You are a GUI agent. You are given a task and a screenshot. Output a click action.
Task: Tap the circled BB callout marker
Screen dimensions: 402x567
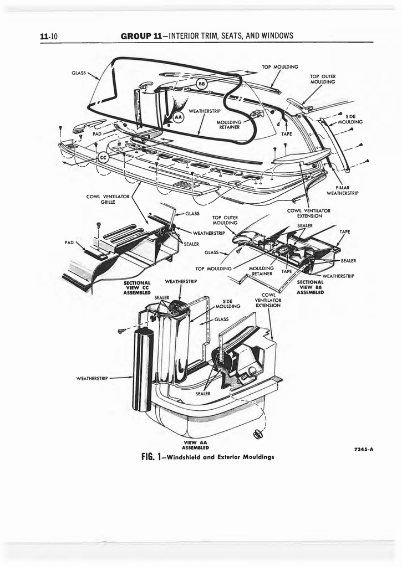click(x=201, y=84)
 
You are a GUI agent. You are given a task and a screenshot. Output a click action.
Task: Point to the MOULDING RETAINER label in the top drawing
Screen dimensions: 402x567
click(x=229, y=125)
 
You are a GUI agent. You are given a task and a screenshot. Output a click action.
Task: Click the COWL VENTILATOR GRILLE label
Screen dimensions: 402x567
click(x=108, y=199)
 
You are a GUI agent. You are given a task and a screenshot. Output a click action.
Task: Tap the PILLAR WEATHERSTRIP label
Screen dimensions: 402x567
click(x=342, y=190)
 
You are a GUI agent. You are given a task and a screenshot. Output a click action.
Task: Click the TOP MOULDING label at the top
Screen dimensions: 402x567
click(x=280, y=67)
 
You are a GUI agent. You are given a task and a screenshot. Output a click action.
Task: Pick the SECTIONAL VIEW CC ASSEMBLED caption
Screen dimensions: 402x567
click(x=137, y=288)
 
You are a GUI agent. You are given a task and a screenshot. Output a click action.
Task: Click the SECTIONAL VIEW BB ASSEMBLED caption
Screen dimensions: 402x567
click(x=310, y=287)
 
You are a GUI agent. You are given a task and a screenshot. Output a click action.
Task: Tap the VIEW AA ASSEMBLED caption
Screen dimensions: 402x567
click(x=195, y=445)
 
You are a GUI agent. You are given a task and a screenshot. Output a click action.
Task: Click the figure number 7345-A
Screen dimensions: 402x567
click(x=363, y=450)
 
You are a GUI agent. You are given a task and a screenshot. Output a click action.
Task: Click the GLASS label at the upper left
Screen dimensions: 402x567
click(x=79, y=73)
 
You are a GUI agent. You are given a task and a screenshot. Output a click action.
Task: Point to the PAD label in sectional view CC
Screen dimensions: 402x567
click(x=69, y=243)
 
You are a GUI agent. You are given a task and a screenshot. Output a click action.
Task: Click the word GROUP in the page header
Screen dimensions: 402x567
click(x=135, y=36)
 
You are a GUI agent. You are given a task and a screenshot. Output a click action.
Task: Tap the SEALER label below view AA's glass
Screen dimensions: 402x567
click(x=202, y=394)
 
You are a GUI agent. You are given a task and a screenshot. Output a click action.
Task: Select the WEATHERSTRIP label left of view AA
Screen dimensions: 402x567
click(x=92, y=378)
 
